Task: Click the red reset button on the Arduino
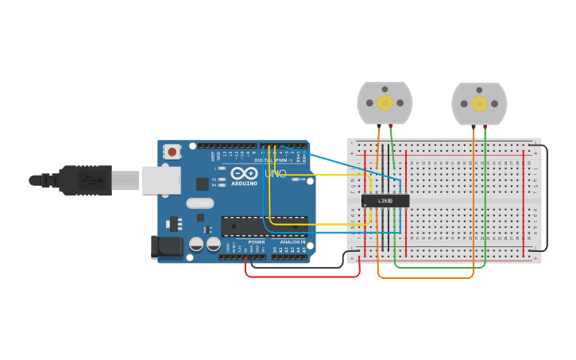click(x=172, y=151)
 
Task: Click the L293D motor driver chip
click(x=385, y=201)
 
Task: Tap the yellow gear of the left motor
click(x=385, y=103)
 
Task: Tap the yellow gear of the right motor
click(x=478, y=103)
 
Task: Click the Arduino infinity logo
click(x=244, y=173)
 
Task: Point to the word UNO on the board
click(x=275, y=173)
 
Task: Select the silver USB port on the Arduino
click(x=160, y=180)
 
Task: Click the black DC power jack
click(x=167, y=246)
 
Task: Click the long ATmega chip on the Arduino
click(x=264, y=226)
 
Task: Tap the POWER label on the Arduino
click(x=256, y=242)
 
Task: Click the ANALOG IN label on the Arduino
click(x=292, y=242)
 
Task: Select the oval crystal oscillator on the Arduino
click(x=200, y=203)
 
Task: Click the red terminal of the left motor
click(x=391, y=126)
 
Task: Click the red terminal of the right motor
click(x=485, y=126)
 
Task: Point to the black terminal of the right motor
click(x=474, y=126)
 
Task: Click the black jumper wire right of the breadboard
click(x=546, y=199)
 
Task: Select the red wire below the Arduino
click(x=302, y=277)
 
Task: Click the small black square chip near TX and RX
click(x=203, y=184)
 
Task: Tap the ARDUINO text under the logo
click(x=244, y=184)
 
